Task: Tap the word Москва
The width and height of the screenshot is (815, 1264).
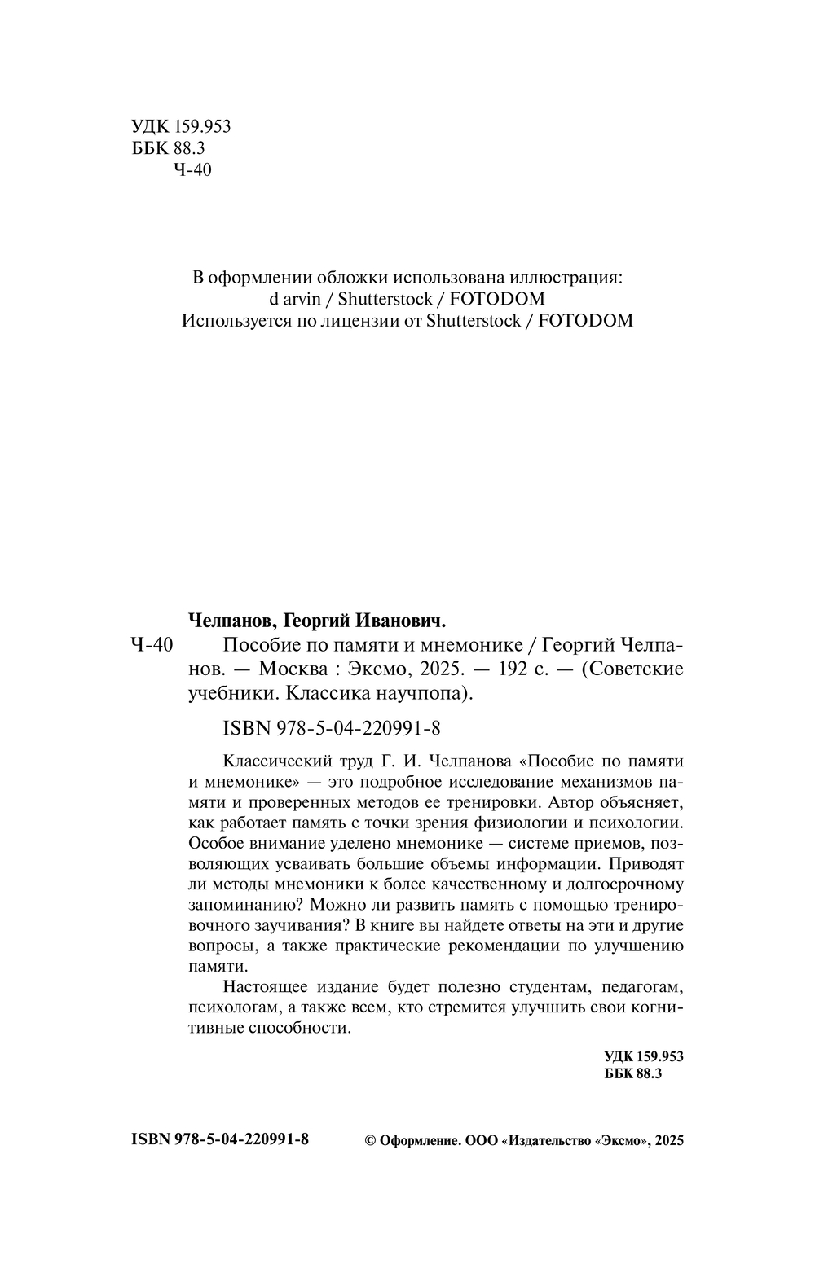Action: pyautogui.click(x=288, y=670)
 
